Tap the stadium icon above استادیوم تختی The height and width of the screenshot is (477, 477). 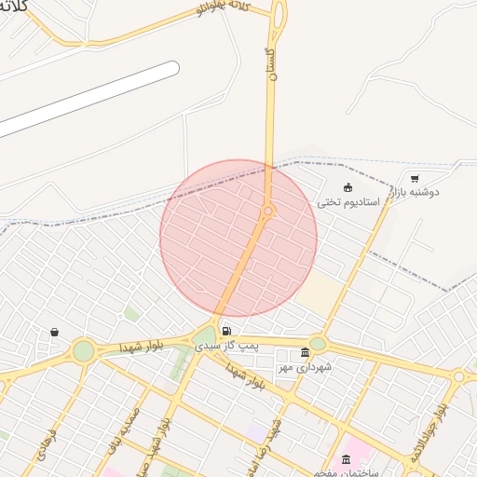pos(348,187)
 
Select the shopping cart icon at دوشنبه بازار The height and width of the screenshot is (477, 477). pos(415,178)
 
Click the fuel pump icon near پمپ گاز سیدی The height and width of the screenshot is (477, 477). pos(227,330)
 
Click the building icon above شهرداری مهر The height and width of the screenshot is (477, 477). pos(305,352)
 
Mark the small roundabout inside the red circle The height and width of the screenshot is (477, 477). pos(268,212)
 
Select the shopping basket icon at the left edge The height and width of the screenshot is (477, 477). pos(54,332)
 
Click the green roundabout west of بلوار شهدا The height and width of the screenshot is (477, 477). pos(84,350)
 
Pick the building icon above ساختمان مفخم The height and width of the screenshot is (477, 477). pos(347,458)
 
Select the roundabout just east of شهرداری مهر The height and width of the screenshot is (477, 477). pos(318,344)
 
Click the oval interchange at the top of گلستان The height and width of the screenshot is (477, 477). pos(279,13)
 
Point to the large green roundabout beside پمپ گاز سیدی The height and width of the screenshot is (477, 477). pos(205,335)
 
